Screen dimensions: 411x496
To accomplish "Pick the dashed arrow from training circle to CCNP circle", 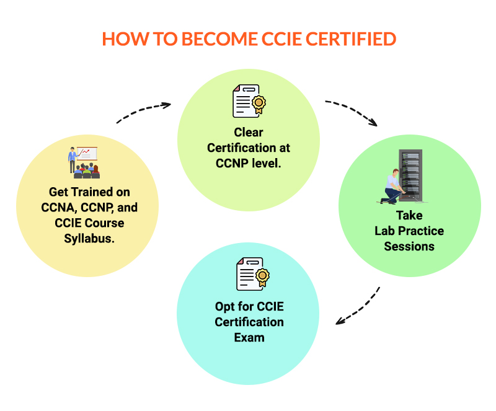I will pos(143,112).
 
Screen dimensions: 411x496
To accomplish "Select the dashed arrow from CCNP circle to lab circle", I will pos(351,110).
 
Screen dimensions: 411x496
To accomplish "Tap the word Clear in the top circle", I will pos(249,132).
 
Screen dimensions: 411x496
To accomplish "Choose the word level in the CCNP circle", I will pos(267,164).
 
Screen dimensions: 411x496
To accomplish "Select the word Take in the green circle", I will pos(409,215).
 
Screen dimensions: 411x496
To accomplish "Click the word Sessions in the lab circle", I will pos(409,246).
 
